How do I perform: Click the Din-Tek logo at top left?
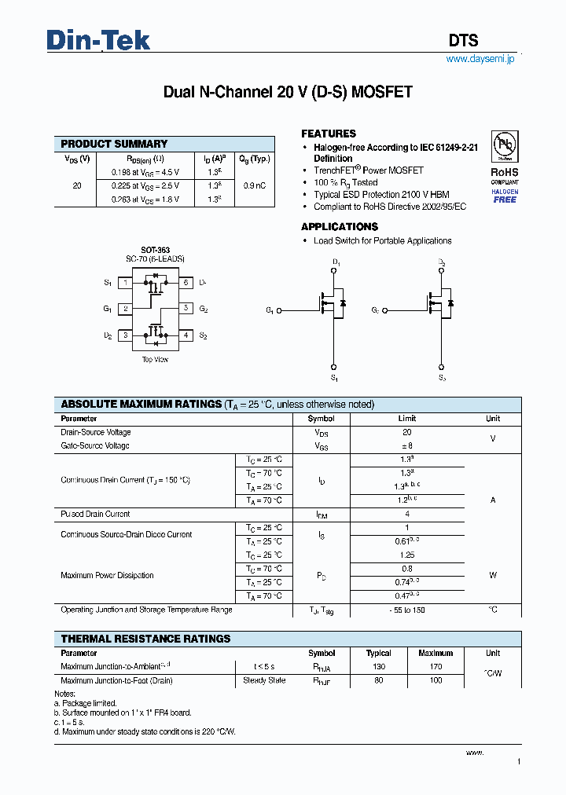click(x=98, y=40)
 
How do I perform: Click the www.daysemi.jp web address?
click(x=480, y=60)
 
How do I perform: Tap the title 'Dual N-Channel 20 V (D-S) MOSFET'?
click(x=288, y=92)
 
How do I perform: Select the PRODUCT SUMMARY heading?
click(x=114, y=144)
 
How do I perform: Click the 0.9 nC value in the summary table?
click(x=254, y=185)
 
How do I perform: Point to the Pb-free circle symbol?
click(x=505, y=146)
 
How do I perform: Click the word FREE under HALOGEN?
click(x=505, y=200)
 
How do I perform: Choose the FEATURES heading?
click(x=329, y=134)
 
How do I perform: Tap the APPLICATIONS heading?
click(x=340, y=227)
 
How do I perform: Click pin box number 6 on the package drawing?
click(x=186, y=282)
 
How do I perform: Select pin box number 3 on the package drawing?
click(x=125, y=335)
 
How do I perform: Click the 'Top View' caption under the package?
click(x=155, y=360)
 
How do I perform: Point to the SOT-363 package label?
click(x=155, y=250)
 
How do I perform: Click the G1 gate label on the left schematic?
click(x=270, y=310)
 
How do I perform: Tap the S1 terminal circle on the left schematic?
click(x=334, y=368)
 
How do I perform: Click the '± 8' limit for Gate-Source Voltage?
click(x=406, y=445)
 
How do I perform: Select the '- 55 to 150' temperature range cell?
click(x=406, y=610)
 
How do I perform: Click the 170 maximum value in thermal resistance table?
click(x=436, y=667)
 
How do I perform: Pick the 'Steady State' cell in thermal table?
click(x=264, y=680)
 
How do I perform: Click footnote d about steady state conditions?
click(x=145, y=731)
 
